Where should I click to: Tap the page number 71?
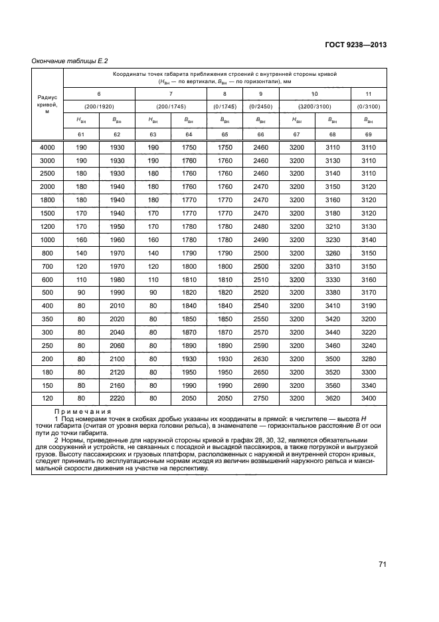tap(383, 565)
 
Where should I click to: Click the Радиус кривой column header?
tap(47, 104)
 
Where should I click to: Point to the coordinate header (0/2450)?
tap(260, 106)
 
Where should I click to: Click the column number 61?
tap(80, 134)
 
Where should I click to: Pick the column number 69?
tap(368, 134)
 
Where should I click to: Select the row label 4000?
tap(47, 147)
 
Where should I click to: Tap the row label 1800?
tap(47, 199)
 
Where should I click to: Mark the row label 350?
tap(47, 319)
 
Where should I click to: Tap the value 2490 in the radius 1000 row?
tap(260, 239)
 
